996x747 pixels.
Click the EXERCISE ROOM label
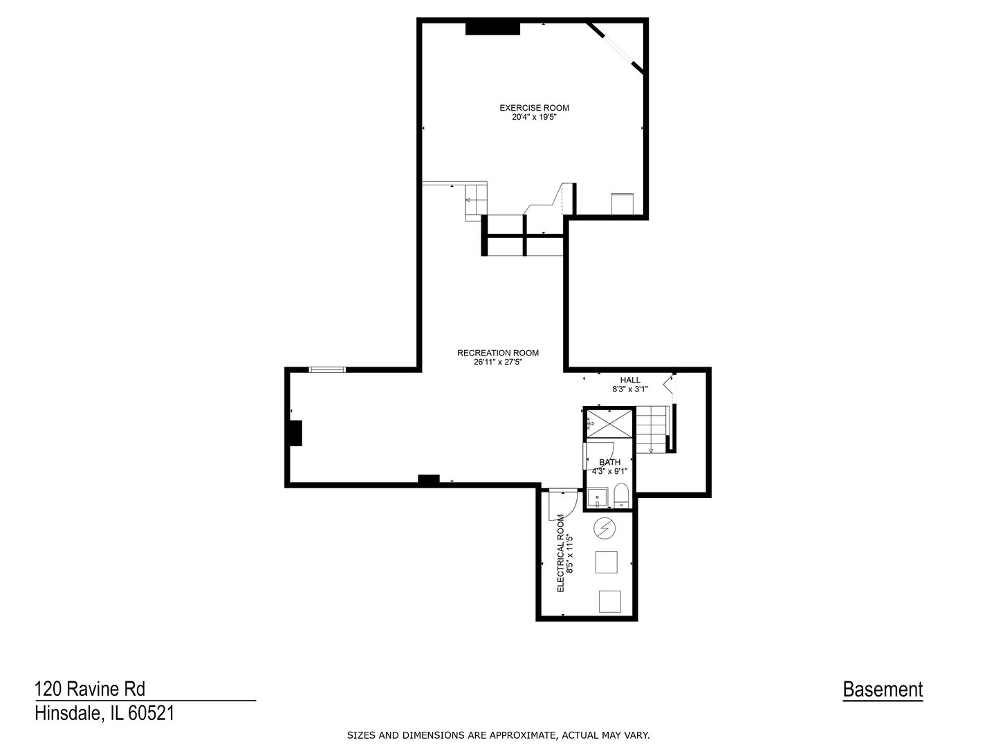pyautogui.click(x=534, y=108)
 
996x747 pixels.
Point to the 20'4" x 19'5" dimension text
pyautogui.click(x=534, y=118)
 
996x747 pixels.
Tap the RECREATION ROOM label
pyautogui.click(x=497, y=353)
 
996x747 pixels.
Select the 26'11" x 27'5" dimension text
pyautogui.click(x=497, y=362)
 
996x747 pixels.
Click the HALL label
pyautogui.click(x=629, y=380)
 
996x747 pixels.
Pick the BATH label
pyautogui.click(x=609, y=462)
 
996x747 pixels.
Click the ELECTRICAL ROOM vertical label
pyautogui.click(x=561, y=553)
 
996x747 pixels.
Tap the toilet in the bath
pyautogui.click(x=621, y=497)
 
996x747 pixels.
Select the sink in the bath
pyautogui.click(x=597, y=497)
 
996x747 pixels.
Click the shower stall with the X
pyautogui.click(x=609, y=423)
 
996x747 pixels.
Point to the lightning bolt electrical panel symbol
pyautogui.click(x=605, y=528)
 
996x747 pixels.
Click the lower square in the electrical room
pyautogui.click(x=610, y=601)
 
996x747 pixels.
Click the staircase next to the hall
pyautogui.click(x=652, y=429)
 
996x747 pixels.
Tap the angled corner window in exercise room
pyautogui.click(x=616, y=46)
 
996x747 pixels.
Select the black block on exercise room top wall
pyautogui.click(x=492, y=28)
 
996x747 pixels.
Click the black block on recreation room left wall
pyautogui.click(x=295, y=433)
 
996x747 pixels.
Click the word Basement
pyautogui.click(x=883, y=690)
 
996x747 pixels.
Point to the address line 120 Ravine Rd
pyautogui.click(x=90, y=689)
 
